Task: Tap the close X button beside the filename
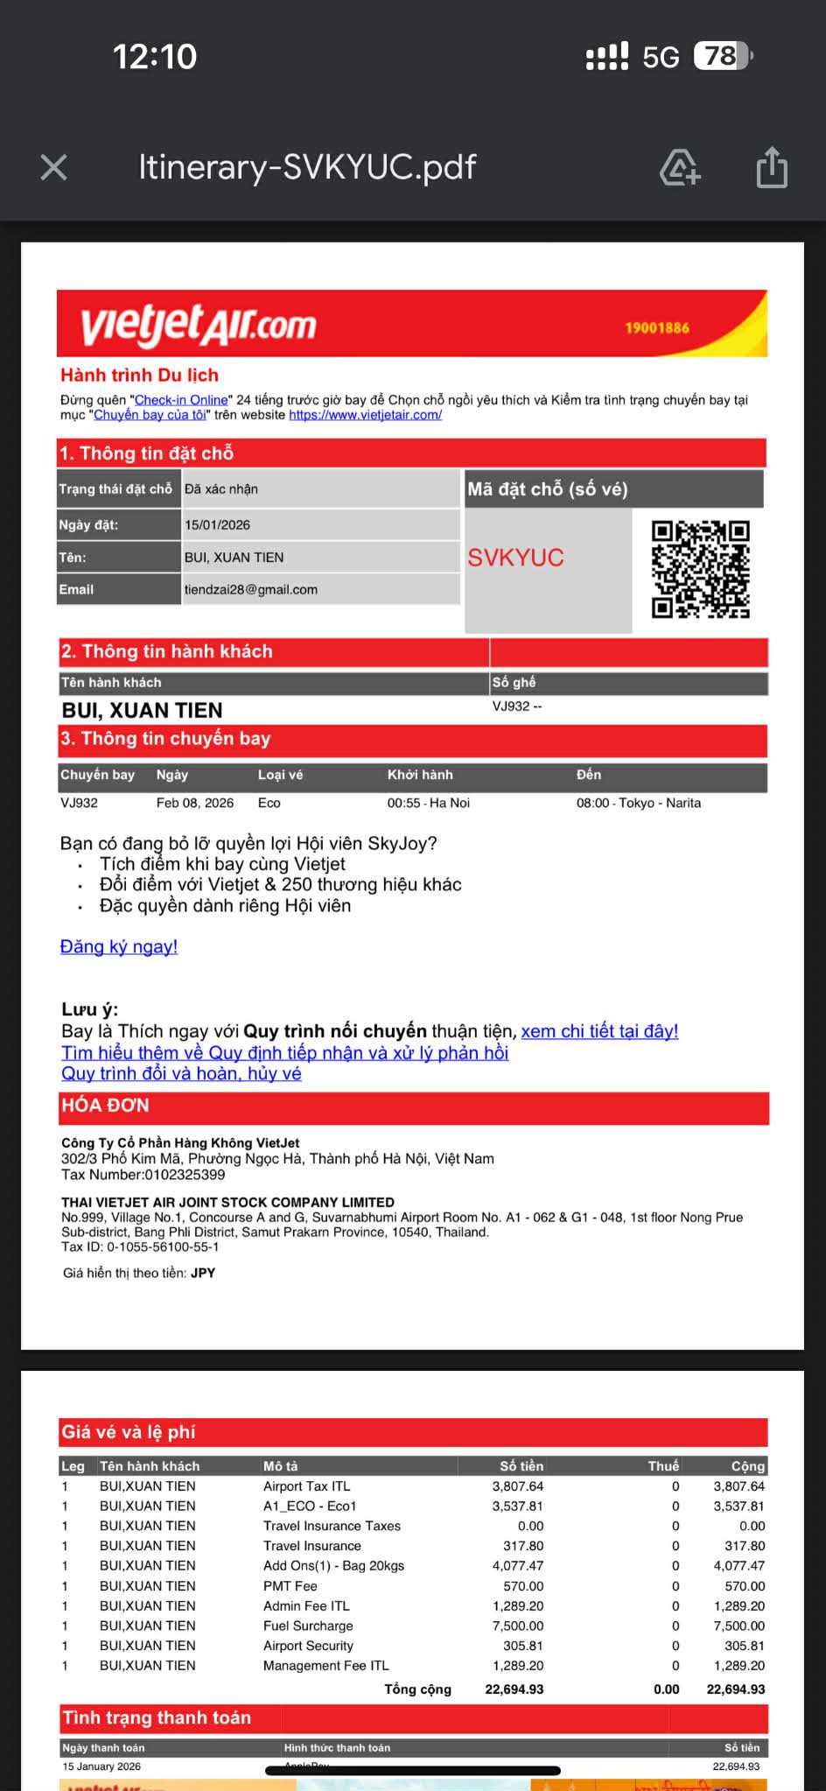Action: point(54,167)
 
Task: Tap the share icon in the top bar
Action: point(772,167)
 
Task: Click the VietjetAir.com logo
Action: point(199,325)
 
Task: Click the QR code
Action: point(701,569)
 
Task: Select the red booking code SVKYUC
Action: point(515,558)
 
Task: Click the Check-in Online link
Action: point(181,400)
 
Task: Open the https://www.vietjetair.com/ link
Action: point(365,415)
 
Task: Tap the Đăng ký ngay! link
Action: point(119,946)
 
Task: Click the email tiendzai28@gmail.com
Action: point(251,589)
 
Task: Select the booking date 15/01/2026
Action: point(217,525)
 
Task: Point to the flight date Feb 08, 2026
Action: point(195,803)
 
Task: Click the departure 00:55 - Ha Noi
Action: point(429,803)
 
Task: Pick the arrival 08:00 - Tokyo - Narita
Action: point(639,803)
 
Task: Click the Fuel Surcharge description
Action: point(308,1626)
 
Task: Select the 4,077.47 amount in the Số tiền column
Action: point(518,1565)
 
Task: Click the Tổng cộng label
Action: point(418,1689)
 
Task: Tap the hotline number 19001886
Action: point(657,328)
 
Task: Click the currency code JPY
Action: point(203,1273)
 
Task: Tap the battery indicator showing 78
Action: point(722,57)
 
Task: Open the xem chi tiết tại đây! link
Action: point(599,1031)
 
